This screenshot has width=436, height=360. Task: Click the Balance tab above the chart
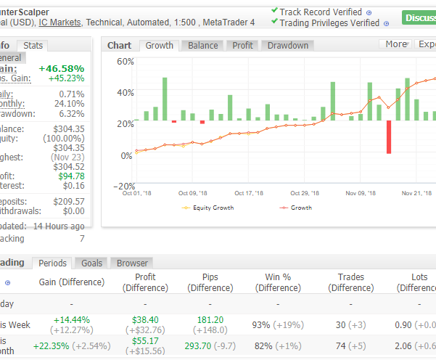click(203, 45)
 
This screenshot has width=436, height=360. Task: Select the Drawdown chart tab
click(288, 45)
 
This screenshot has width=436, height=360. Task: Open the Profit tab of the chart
click(242, 45)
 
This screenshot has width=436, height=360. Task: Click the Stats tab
click(33, 46)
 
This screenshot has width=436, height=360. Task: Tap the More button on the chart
click(395, 44)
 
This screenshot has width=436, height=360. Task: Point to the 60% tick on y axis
click(125, 62)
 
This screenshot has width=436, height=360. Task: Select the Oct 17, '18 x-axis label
click(249, 193)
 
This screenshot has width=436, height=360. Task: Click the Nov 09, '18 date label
click(361, 193)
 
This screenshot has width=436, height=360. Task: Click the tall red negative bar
click(389, 137)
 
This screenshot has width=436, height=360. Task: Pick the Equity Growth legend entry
click(212, 208)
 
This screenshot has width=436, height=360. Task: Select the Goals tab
click(91, 263)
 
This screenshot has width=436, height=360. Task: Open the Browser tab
click(132, 263)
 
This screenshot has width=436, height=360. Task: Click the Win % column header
click(279, 282)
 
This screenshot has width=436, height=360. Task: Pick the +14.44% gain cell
click(71, 320)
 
